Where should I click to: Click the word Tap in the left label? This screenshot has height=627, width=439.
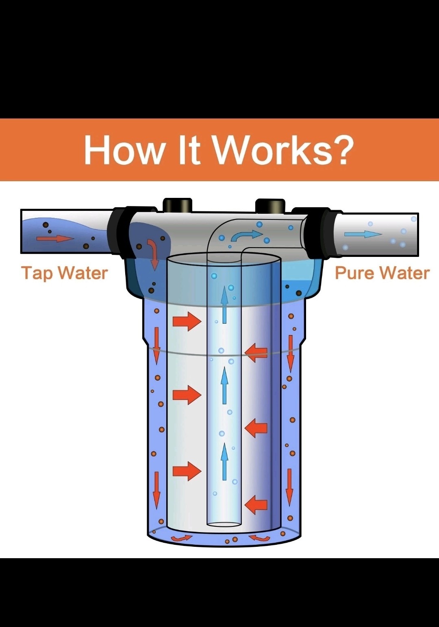pyautogui.click(x=37, y=273)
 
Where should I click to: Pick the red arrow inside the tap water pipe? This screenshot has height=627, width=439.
pyautogui.click(x=55, y=238)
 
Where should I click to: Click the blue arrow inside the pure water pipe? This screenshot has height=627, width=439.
pyautogui.click(x=363, y=234)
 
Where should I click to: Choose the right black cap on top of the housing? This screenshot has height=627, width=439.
pyautogui.click(x=270, y=206)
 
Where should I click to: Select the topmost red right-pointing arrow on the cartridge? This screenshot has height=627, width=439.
pyautogui.click(x=187, y=321)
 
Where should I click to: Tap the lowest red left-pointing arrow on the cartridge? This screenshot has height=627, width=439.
pyautogui.click(x=256, y=504)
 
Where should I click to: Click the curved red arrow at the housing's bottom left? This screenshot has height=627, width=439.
pyautogui.click(x=181, y=538)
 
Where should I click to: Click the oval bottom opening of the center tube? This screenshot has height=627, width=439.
pyautogui.click(x=224, y=524)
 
